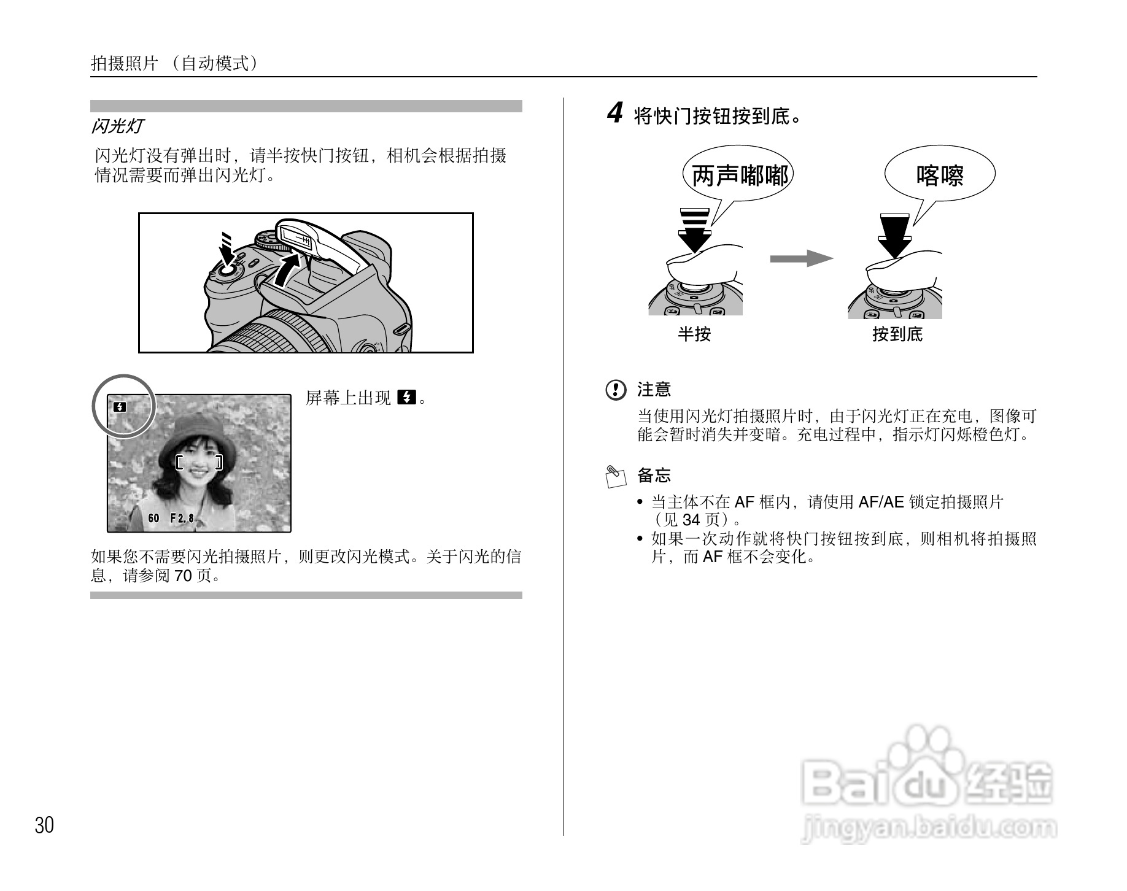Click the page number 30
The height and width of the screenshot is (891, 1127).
(x=44, y=825)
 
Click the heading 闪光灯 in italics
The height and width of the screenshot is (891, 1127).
(x=117, y=126)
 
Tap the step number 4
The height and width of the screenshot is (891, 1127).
(x=615, y=114)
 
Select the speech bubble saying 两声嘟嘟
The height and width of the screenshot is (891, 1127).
(x=739, y=176)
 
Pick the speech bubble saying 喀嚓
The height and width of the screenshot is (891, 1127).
(x=939, y=175)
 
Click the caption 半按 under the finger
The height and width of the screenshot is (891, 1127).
(x=694, y=334)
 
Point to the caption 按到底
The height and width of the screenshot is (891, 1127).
(x=897, y=334)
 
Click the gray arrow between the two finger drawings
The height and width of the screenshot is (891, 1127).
(x=801, y=258)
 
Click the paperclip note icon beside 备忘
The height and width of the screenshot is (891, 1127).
(x=616, y=476)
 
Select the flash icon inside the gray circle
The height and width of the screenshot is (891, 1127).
(x=120, y=407)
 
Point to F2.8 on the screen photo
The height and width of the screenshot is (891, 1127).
(x=182, y=519)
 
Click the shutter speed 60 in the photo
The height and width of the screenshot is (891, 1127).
(x=153, y=519)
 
